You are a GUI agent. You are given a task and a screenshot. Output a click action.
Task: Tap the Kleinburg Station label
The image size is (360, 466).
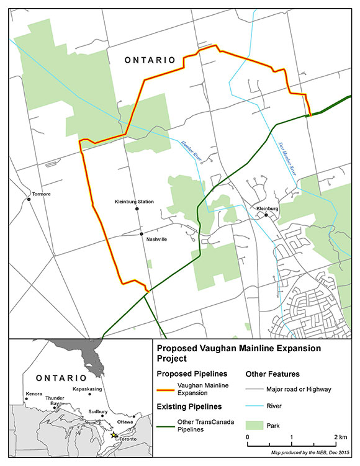(135, 202)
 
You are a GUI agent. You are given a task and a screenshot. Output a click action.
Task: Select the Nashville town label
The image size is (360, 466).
(156, 239)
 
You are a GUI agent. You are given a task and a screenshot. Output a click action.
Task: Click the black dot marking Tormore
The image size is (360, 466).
(29, 199)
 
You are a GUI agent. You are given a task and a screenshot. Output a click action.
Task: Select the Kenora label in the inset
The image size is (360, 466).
(34, 394)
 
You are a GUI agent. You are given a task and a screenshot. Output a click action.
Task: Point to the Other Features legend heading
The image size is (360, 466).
(273, 374)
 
